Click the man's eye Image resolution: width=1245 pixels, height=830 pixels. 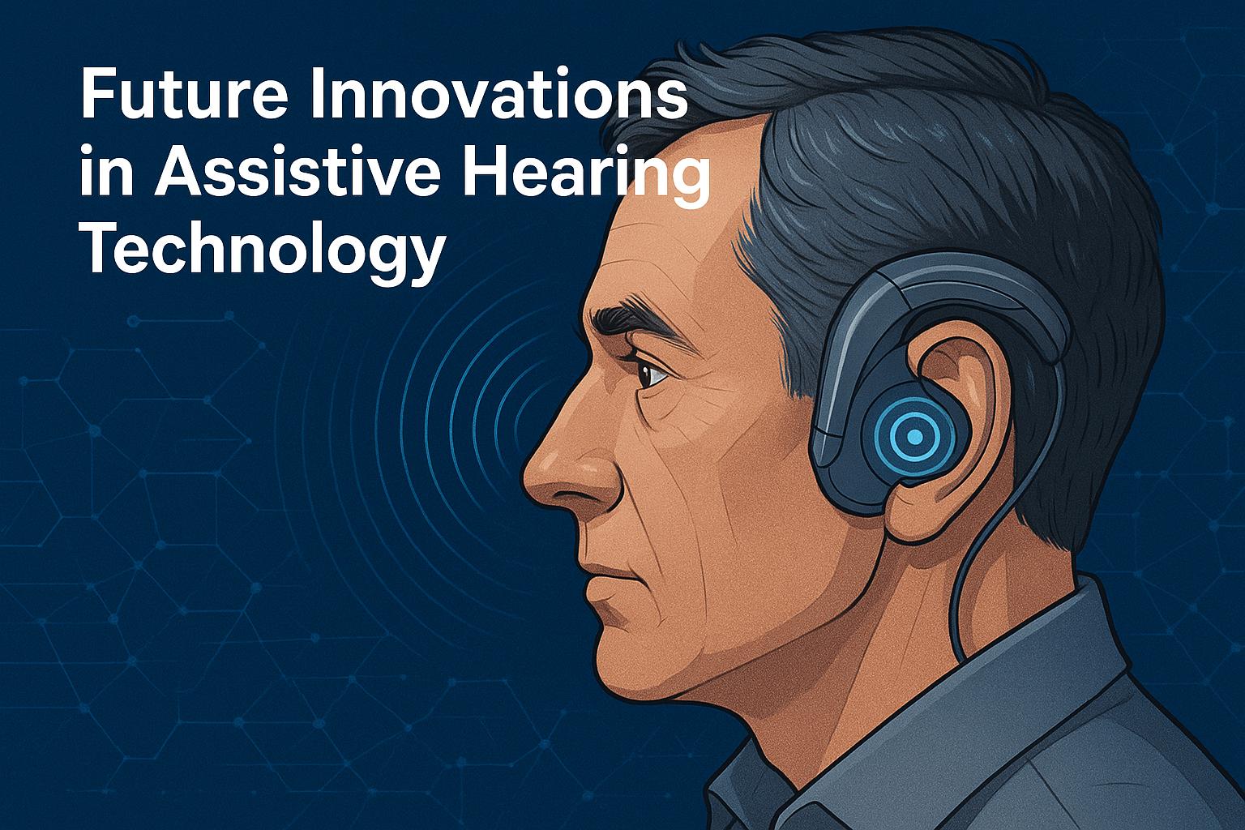pyautogui.click(x=652, y=374)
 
